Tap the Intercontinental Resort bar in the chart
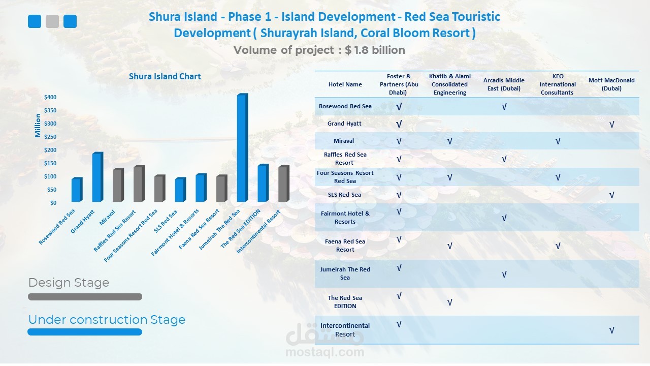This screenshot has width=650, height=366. [x=283, y=184]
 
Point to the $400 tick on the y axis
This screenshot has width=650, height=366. [x=50, y=97]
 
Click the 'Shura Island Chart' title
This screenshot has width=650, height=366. [x=165, y=76]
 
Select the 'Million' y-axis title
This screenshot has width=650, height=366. [x=38, y=126]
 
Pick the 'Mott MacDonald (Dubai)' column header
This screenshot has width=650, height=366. [x=611, y=84]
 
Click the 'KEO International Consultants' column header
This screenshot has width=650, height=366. [x=558, y=84]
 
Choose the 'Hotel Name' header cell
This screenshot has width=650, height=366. [x=345, y=84]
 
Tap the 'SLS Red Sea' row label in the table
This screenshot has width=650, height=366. [x=345, y=195]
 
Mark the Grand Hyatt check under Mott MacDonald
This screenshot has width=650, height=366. [x=611, y=124]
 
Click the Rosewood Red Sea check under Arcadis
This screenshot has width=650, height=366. [x=504, y=107]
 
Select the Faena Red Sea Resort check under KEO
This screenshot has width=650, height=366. [x=558, y=246]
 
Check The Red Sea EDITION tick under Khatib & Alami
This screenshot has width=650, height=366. [x=450, y=303]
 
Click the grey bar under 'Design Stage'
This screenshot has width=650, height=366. [x=85, y=297]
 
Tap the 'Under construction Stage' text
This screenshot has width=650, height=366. [x=107, y=320]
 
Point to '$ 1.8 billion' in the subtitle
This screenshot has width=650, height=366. [x=375, y=50]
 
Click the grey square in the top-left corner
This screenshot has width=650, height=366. [x=52, y=21]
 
